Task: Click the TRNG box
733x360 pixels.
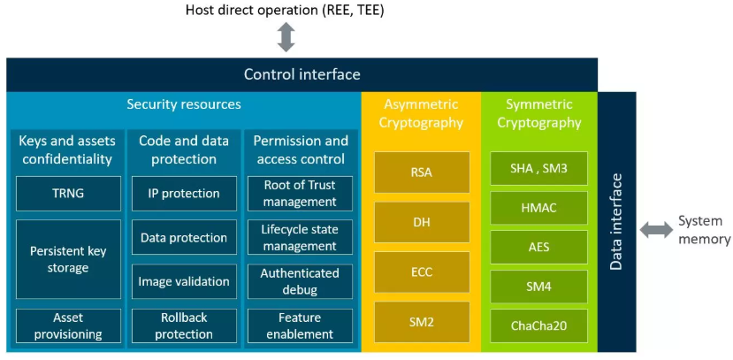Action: tap(68, 193)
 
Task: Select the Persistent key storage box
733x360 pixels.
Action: tap(68, 259)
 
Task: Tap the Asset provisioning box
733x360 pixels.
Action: tap(68, 326)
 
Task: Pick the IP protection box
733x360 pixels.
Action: tap(184, 193)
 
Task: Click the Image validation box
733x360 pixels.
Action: tap(184, 281)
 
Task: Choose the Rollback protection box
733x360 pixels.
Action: tap(184, 326)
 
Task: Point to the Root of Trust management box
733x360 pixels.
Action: tap(300, 193)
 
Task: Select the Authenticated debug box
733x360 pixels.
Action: tap(300, 281)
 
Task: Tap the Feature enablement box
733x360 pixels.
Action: tap(300, 326)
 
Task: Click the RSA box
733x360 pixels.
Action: tap(422, 172)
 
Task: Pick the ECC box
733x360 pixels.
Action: tap(422, 272)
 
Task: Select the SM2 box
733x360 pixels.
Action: tap(422, 322)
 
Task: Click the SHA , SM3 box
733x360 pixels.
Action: tap(538, 168)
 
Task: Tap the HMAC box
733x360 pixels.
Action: tap(538, 208)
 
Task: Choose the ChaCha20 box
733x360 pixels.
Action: tap(538, 326)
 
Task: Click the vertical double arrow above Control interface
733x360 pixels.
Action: tap(286, 38)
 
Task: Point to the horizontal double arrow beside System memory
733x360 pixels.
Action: tap(656, 230)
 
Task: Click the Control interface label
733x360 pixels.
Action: tap(302, 74)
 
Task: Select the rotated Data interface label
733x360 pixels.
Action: tap(617, 221)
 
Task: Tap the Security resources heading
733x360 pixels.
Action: tap(183, 104)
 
